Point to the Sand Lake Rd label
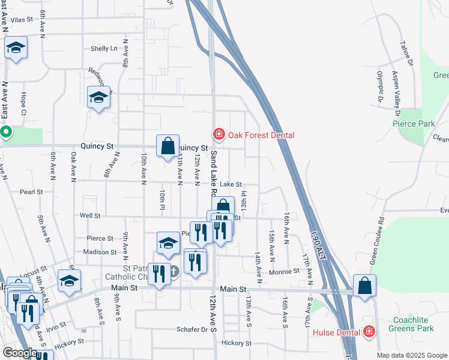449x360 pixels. pyautogui.click(x=213, y=174)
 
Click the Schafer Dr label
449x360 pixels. pyautogui.click(x=191, y=329)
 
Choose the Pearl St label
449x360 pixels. pyautogui.click(x=31, y=192)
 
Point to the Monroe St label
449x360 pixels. pyautogui.click(x=284, y=271)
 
